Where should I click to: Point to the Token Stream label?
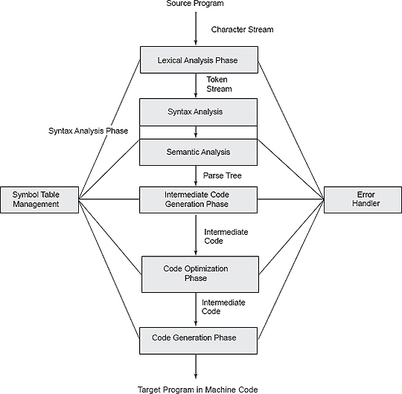click(x=219, y=83)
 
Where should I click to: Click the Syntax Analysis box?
click(x=199, y=112)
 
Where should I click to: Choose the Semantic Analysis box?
click(x=199, y=152)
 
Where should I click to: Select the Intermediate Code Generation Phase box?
click(x=199, y=198)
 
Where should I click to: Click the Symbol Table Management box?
click(x=40, y=198)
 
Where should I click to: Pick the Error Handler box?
click(x=361, y=198)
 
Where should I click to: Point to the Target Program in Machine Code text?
click(x=199, y=389)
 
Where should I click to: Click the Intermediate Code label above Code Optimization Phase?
click(x=226, y=236)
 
